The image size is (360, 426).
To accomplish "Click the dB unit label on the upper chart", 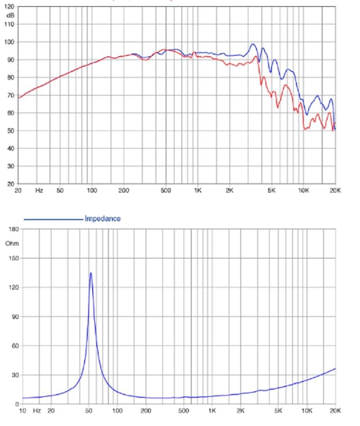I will coord(10,16).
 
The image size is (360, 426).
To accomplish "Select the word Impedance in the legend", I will coord(103,219).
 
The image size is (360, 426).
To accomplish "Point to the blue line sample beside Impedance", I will coord(53,219).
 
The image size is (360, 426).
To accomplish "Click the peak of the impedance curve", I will coord(91,273).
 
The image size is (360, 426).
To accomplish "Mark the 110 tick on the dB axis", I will coord(9,24).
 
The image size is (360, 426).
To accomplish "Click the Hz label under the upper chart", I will coord(39,191).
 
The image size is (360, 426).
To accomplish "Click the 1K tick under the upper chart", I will coord(198,191).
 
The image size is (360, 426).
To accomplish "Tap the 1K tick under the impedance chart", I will coord(212,411).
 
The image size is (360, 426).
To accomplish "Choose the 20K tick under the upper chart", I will coord(335,191).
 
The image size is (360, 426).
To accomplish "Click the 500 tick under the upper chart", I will coord(166,191).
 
